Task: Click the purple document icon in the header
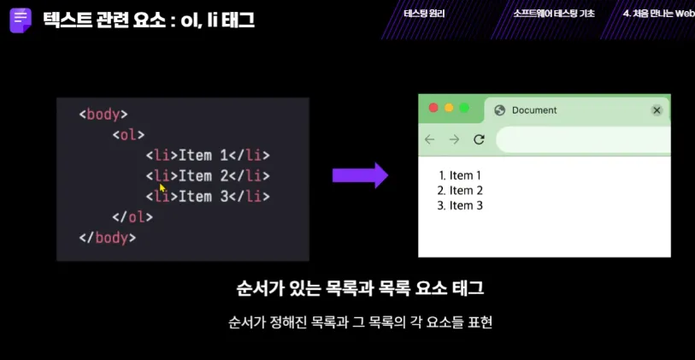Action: point(21,20)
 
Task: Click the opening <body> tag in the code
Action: point(103,115)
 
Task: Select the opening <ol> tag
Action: point(128,135)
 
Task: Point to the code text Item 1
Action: point(203,155)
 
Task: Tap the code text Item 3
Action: point(203,196)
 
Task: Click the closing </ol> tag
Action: point(133,217)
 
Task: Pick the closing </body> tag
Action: point(107,238)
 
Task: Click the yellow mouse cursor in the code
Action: point(162,187)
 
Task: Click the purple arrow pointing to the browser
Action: point(361,175)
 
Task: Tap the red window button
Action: point(433,108)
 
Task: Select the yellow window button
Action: point(449,108)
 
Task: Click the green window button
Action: point(464,108)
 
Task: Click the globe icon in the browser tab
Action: point(500,110)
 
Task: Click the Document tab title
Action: point(534,110)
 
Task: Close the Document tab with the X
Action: point(657,110)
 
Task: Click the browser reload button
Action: point(479,139)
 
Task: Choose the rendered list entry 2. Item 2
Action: point(460,191)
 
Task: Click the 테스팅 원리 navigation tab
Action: point(424,14)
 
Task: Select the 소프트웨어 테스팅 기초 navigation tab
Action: point(554,14)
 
